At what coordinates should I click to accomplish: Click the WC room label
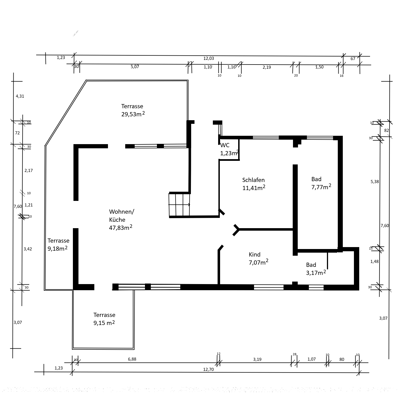[x=225, y=145]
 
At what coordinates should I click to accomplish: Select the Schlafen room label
[x=253, y=180]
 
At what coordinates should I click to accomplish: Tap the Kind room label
[x=255, y=255]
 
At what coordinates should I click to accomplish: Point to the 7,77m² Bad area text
[x=321, y=187]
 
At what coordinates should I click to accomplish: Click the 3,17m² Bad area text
[x=316, y=272]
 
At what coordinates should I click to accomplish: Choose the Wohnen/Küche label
[x=122, y=216]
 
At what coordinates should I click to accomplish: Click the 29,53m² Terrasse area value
[x=133, y=114]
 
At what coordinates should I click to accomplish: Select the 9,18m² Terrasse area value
[x=58, y=248]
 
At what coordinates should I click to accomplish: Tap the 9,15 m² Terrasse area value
[x=104, y=322]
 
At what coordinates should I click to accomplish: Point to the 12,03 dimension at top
[x=208, y=58]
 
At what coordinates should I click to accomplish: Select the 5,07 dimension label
[x=135, y=67]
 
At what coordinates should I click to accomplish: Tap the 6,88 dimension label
[x=132, y=359]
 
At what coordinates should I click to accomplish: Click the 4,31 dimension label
[x=20, y=96]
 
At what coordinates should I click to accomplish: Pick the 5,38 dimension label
[x=375, y=182]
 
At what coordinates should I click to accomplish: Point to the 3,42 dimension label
[x=28, y=249]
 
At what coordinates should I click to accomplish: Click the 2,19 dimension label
[x=267, y=67]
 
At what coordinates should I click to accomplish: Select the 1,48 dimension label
[x=374, y=262]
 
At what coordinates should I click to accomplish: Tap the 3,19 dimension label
[x=257, y=359]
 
